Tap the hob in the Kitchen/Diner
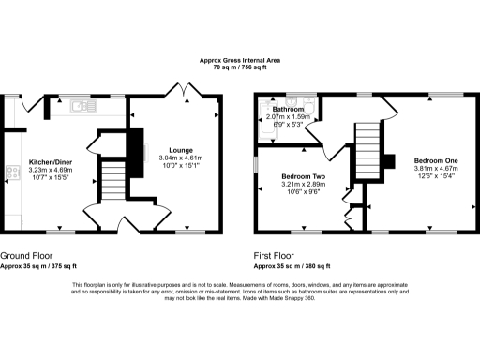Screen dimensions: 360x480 13,172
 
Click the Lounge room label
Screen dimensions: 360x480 181,150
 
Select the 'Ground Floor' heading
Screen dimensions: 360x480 27,255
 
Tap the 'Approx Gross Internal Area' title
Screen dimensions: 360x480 240,60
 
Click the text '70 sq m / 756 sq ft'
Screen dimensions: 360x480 240,67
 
